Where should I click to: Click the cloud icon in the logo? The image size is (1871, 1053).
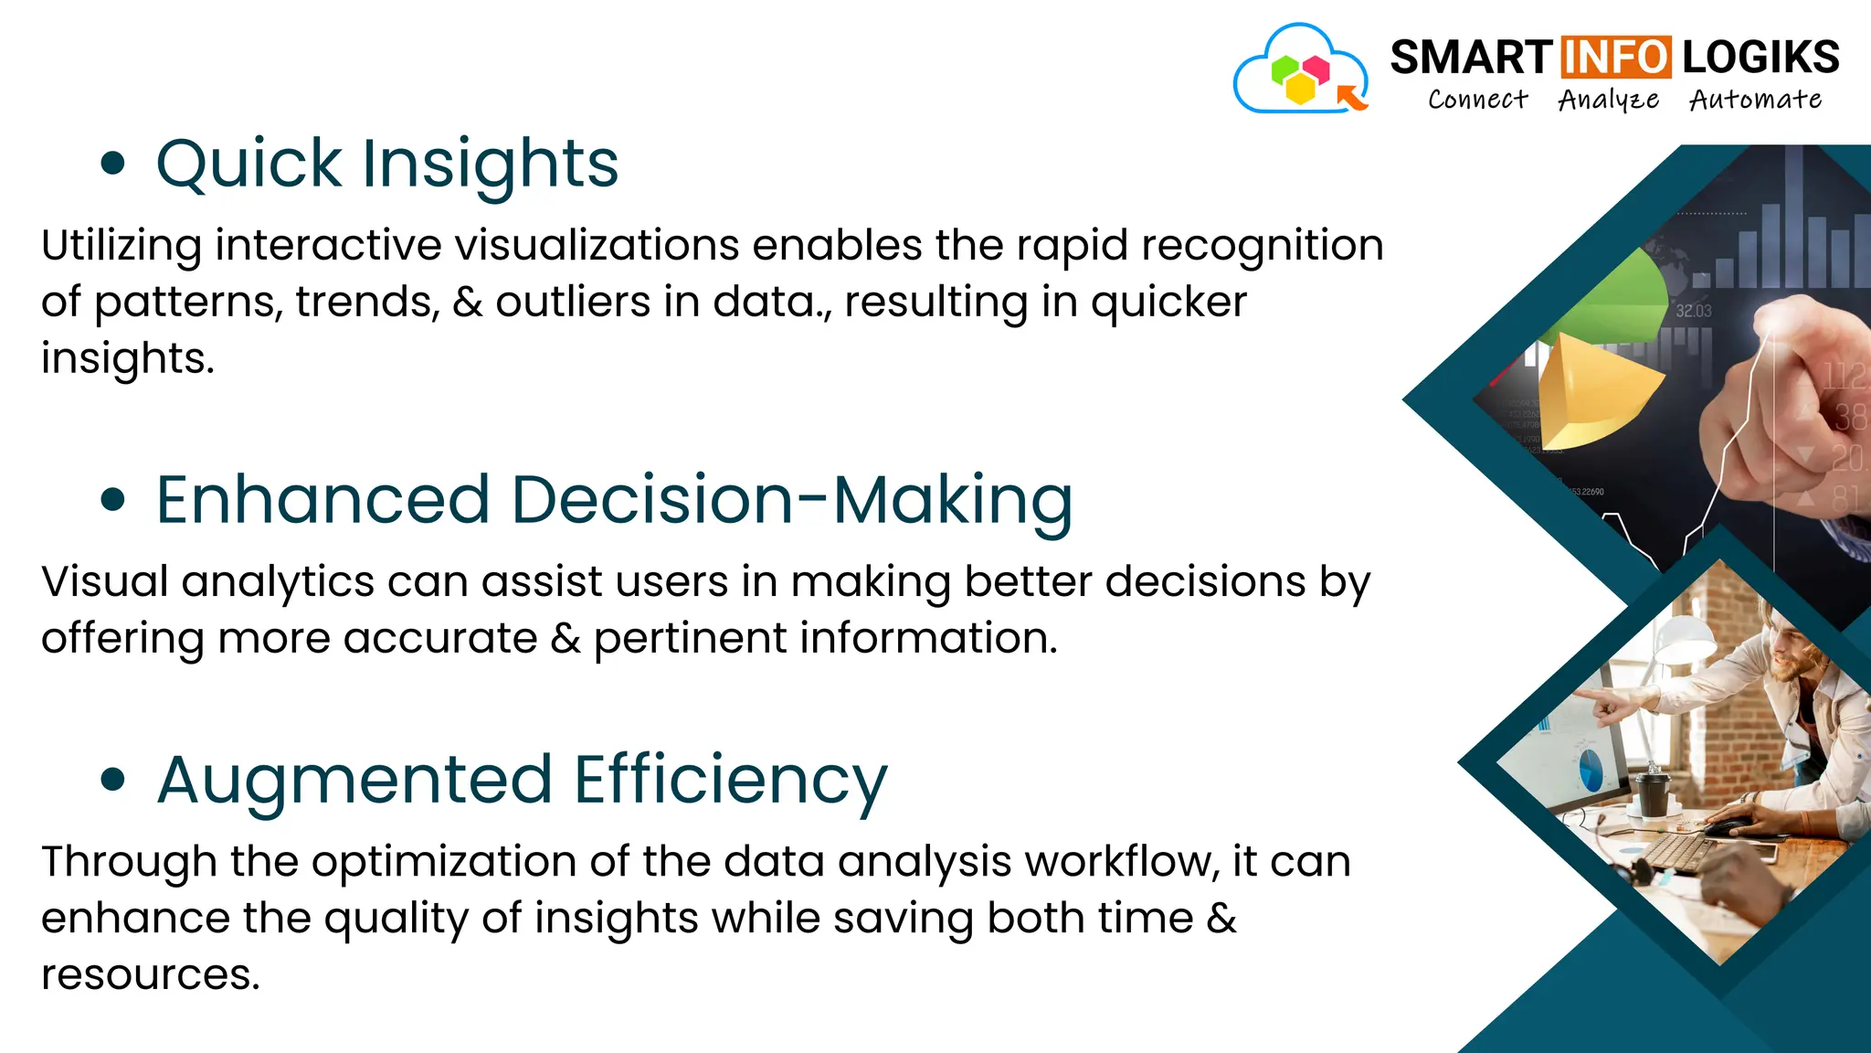pos(1300,71)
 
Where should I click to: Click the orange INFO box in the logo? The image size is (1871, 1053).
pos(1616,58)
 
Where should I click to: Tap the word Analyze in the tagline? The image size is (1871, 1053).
pos(1608,100)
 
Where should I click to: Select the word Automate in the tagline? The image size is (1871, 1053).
pos(1755,99)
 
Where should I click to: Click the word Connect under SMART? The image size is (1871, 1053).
pos(1477,99)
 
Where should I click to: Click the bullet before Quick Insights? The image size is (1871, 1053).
pos(112,165)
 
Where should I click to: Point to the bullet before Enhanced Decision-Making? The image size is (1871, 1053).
pos(112,500)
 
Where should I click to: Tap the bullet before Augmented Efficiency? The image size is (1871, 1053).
pos(112,780)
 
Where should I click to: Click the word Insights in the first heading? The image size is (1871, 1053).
pos(491,165)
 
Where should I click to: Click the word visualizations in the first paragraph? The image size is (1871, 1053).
pos(597,245)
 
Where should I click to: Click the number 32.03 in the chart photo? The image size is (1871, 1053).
pos(1693,311)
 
